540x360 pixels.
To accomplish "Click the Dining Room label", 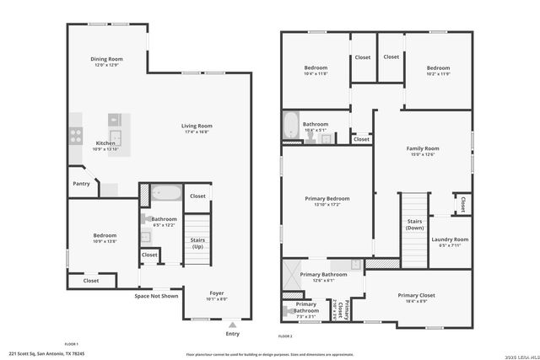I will coord(107,59).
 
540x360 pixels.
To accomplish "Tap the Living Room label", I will coord(197,126).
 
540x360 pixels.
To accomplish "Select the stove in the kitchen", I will coord(75,132).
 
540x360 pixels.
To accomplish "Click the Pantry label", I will coord(81,183).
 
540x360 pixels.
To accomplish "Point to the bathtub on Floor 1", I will coord(166,193).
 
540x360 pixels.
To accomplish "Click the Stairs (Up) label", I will coord(197,244).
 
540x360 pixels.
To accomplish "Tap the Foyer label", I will coord(217,293).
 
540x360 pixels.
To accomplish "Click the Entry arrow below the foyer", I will coord(232,323).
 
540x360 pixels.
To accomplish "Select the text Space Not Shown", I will coord(157,296).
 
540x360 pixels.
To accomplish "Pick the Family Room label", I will coord(424,148).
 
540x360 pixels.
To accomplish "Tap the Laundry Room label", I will coord(450,239).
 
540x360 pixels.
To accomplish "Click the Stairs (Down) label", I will coord(414,224).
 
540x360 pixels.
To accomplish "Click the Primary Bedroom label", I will coord(327,198).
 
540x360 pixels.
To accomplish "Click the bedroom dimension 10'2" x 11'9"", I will coord(438,74).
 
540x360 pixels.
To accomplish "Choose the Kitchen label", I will coord(105,143).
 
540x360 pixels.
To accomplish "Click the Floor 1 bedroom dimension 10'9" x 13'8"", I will coord(105,241).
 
